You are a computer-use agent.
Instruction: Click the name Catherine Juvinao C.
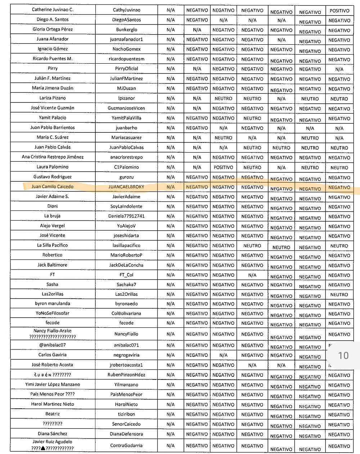pyautogui.click(x=53, y=10)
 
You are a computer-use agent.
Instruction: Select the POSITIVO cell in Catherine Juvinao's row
pyautogui.click(x=339, y=11)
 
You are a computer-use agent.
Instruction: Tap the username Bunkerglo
pyautogui.click(x=126, y=29)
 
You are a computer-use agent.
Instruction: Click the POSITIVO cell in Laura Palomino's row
pyautogui.click(x=223, y=167)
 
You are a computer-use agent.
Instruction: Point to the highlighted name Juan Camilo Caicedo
pyautogui.click(x=53, y=186)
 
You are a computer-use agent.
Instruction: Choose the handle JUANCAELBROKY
pyautogui.click(x=126, y=187)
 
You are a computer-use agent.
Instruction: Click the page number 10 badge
pyautogui.click(x=343, y=355)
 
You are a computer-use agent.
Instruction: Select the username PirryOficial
pyautogui.click(x=126, y=69)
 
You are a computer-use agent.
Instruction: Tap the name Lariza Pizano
pyautogui.click(x=53, y=98)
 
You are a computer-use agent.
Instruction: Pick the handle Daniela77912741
pyautogui.click(x=126, y=216)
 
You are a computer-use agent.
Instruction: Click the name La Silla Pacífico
pyautogui.click(x=53, y=245)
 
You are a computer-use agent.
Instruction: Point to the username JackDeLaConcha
pyautogui.click(x=126, y=265)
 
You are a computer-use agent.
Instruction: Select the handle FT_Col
pyautogui.click(x=126, y=275)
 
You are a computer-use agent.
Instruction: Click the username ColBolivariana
pyautogui.click(x=126, y=313)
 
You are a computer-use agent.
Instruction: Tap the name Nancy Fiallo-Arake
pyautogui.click(x=53, y=331)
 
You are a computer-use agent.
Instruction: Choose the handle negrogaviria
pyautogui.click(x=126, y=355)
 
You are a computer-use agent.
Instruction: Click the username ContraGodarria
pyautogui.click(x=126, y=445)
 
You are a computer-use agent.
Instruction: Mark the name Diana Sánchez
pyautogui.click(x=53, y=433)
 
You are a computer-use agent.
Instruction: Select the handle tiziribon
pyautogui.click(x=126, y=414)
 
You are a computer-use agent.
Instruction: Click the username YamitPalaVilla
pyautogui.click(x=126, y=118)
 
